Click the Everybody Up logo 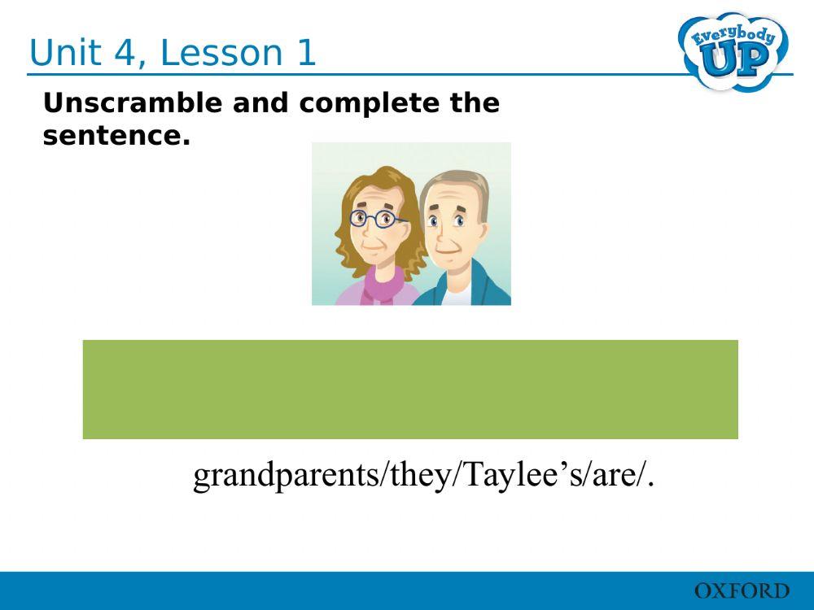[x=733, y=50]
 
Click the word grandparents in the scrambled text [x=286, y=476]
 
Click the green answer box [x=410, y=390]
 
